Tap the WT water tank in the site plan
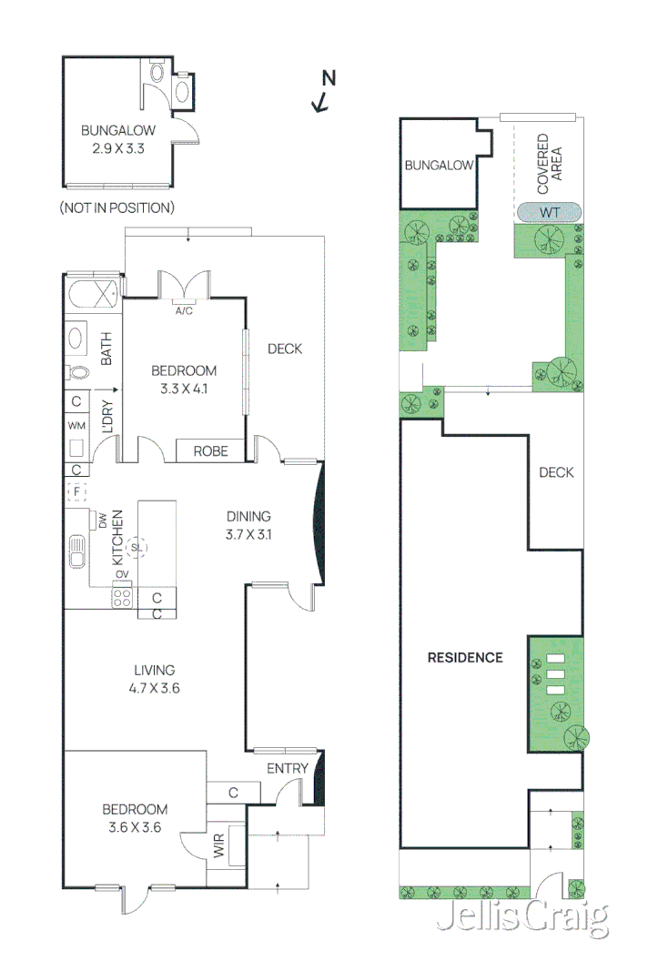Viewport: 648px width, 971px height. point(548,212)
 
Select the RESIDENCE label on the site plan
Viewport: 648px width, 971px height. point(465,657)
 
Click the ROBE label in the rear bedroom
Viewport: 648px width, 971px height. point(210,450)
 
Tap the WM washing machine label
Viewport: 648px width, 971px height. point(76,425)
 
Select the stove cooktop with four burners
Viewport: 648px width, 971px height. point(122,597)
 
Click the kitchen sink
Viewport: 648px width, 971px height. point(76,552)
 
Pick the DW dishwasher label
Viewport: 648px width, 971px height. point(102,521)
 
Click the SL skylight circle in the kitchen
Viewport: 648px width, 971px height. point(137,547)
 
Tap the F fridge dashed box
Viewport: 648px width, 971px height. point(76,492)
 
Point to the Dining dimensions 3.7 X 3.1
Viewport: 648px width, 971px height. point(248,534)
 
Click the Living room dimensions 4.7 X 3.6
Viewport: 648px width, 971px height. point(154,688)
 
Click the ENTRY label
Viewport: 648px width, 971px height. point(287,769)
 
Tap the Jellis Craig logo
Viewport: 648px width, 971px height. point(521,918)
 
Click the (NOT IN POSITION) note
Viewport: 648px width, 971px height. point(116,207)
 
